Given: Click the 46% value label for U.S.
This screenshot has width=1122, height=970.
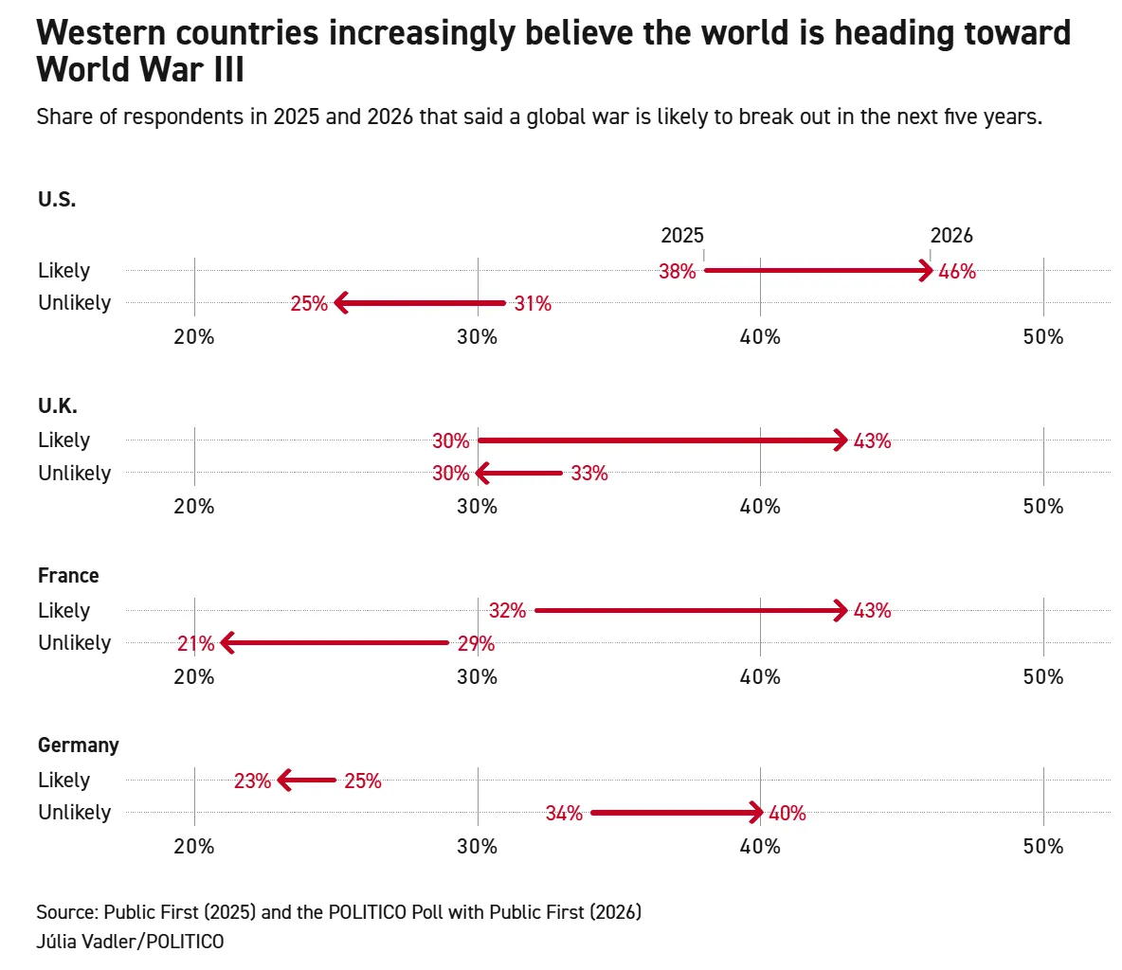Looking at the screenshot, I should [x=957, y=272].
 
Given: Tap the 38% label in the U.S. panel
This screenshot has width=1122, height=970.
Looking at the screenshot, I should [x=678, y=272].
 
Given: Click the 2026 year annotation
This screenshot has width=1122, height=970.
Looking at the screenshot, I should [x=951, y=236].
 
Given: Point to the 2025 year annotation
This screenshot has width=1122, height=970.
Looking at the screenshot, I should [x=682, y=236].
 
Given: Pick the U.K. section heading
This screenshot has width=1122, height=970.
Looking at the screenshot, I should [x=58, y=406].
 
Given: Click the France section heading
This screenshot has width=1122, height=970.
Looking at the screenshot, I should [x=68, y=576].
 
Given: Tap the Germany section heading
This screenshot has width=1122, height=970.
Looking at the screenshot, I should [x=79, y=745].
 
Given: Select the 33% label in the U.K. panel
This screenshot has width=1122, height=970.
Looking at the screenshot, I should [x=589, y=474].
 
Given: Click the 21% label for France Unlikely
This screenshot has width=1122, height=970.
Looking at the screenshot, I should [x=195, y=644].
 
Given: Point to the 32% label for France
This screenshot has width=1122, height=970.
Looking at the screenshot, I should [x=507, y=611].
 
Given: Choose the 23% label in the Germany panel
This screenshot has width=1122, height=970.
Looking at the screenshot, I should [x=252, y=781].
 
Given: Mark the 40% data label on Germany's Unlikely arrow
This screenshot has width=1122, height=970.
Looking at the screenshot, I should [x=787, y=814].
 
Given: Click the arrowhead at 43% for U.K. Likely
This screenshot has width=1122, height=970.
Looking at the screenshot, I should [x=840, y=440].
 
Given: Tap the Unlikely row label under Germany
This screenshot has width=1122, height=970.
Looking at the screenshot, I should [x=75, y=813].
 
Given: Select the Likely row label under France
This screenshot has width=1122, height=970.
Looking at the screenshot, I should [x=64, y=611].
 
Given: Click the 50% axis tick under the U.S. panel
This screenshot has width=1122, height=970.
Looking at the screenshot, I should [x=1043, y=337].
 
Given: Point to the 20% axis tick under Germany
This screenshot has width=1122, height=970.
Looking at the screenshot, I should [x=194, y=847].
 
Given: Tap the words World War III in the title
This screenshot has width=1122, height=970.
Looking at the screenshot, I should [x=140, y=70].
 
